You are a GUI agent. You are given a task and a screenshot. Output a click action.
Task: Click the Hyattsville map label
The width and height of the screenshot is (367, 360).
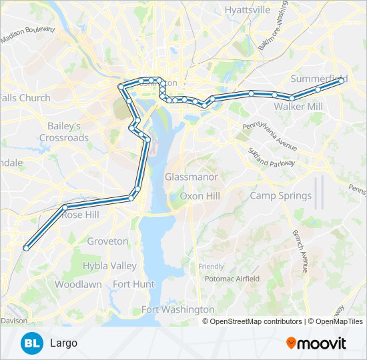coord(248,10)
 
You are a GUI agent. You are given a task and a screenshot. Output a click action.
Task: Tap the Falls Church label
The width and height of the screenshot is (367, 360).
coord(25,98)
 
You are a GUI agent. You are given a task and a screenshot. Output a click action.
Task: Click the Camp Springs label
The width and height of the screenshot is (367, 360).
coord(280,196)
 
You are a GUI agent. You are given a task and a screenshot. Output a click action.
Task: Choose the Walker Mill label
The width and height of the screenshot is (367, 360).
coord(298,107)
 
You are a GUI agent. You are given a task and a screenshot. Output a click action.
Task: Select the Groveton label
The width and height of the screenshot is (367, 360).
coord(107,241)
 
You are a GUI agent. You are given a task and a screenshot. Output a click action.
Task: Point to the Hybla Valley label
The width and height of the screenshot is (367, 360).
coord(109,266)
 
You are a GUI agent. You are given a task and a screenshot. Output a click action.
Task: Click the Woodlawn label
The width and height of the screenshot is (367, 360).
coord(78,284)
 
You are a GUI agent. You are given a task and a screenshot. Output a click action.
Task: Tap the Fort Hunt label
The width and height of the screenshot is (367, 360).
coord(133,284)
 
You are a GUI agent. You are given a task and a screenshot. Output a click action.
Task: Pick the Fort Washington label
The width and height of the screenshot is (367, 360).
coord(178,309)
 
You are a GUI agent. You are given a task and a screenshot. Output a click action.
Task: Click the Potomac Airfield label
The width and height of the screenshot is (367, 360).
coord(232,279)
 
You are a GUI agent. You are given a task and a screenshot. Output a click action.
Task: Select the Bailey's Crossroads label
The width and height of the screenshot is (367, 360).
coord(64,131)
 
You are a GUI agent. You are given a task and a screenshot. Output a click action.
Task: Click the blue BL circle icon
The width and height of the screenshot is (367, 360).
coord(31,343)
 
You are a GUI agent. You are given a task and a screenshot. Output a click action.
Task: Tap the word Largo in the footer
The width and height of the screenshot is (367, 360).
coord(63,343)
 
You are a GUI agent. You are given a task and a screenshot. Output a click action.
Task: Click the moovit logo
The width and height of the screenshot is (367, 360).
coord(316,343)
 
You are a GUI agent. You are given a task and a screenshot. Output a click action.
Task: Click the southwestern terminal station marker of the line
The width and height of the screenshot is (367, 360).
coord(26,248)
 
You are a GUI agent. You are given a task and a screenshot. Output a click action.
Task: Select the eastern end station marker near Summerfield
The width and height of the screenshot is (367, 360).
coord(342,80)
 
